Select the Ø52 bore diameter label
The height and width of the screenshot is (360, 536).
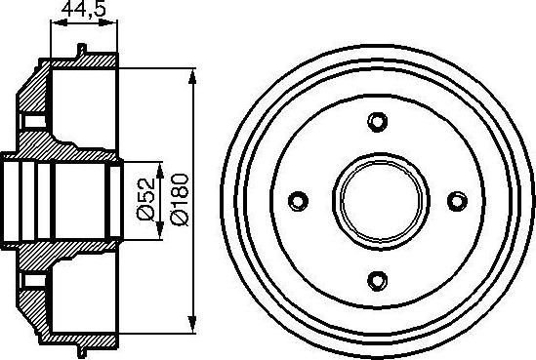[x=144, y=199]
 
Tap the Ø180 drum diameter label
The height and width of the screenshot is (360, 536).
[x=176, y=199]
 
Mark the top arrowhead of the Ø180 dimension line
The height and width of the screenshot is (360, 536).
[x=191, y=75]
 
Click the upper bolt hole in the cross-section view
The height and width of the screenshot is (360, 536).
[x=30, y=123]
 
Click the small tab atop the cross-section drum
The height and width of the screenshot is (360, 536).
[x=80, y=52]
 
